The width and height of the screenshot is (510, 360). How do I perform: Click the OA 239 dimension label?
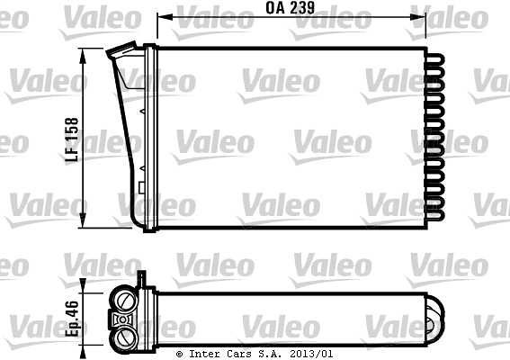point(291,8)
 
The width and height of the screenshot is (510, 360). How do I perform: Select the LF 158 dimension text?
point(72,139)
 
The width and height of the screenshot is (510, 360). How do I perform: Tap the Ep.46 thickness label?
point(72,319)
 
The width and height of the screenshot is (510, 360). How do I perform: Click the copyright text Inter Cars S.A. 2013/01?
point(255,354)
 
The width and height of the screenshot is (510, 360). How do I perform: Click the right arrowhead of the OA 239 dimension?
point(418,16)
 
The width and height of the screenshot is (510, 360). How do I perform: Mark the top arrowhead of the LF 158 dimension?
point(83,56)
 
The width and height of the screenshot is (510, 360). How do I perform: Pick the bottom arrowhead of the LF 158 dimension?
point(83,220)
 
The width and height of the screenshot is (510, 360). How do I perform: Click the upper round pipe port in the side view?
point(124,300)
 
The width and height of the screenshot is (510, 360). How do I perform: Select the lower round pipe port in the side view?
point(124,337)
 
